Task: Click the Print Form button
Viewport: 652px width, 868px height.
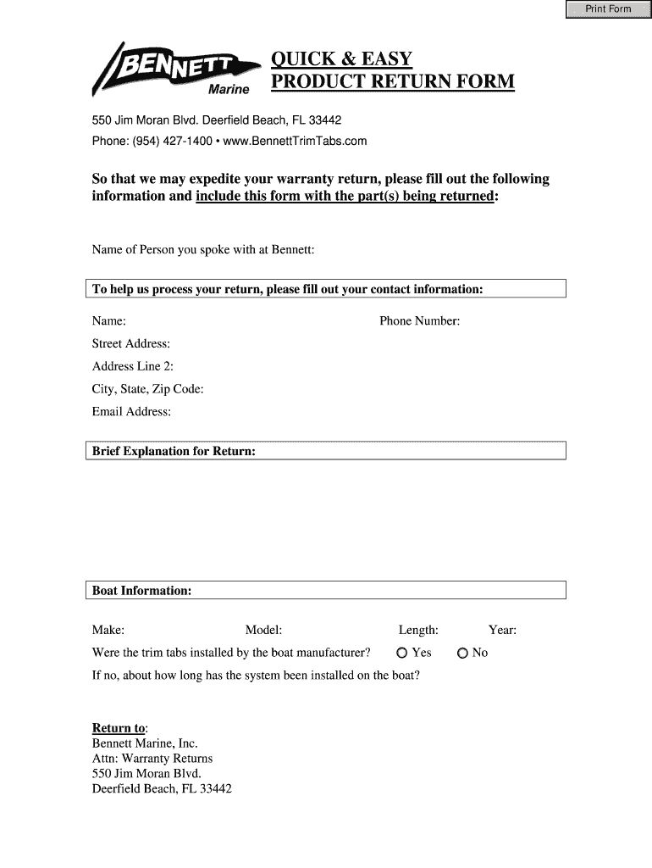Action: pos(608,9)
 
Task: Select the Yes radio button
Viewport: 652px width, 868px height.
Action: pos(402,653)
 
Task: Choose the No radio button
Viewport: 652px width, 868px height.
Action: pos(462,653)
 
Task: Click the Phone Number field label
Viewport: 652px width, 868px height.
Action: pos(419,321)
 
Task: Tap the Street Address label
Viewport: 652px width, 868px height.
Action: pos(131,343)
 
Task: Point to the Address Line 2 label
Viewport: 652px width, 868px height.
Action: pos(133,366)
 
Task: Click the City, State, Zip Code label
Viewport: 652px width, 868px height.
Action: pos(147,389)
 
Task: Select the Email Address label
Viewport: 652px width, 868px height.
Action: pos(131,412)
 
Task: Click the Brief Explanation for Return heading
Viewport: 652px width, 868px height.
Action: pos(174,451)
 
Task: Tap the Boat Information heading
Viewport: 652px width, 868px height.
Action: pos(141,590)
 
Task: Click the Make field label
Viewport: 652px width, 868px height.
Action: pos(108,630)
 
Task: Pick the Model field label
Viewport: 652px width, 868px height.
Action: pos(263,630)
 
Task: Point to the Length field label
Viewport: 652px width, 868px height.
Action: pos(418,630)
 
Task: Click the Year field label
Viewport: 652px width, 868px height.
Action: pos(502,630)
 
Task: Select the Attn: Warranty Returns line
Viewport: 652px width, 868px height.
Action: pos(152,759)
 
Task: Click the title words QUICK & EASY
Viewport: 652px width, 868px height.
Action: pos(341,59)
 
